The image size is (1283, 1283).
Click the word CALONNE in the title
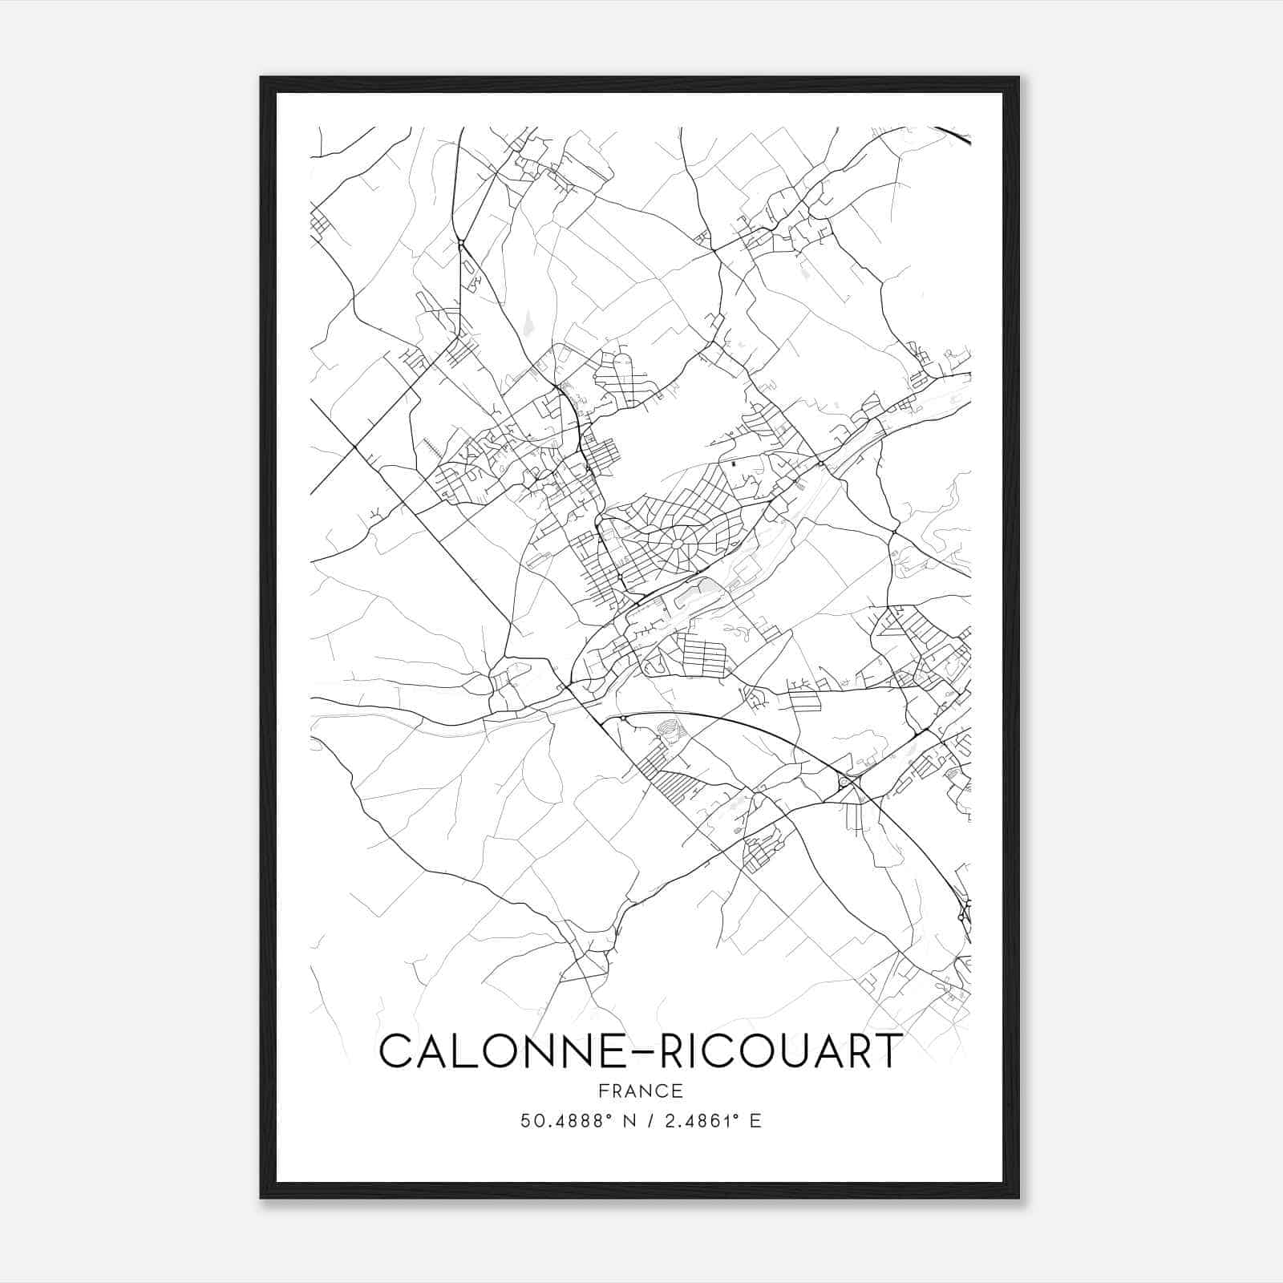coord(496,1051)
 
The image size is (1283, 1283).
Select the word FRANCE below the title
coord(641,1091)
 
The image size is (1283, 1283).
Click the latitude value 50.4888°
coord(564,1121)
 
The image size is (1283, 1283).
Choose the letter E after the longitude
coord(755,1121)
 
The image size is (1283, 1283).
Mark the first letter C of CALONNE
coord(395,1051)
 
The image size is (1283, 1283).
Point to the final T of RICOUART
coord(888,1051)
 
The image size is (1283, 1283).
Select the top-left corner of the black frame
coord(261,79)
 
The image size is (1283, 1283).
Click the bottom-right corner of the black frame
coord(1018,1197)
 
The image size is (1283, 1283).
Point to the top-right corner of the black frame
coord(1018,79)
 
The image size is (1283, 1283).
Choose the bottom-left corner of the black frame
coord(261,1197)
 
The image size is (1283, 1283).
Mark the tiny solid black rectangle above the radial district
coord(734,463)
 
